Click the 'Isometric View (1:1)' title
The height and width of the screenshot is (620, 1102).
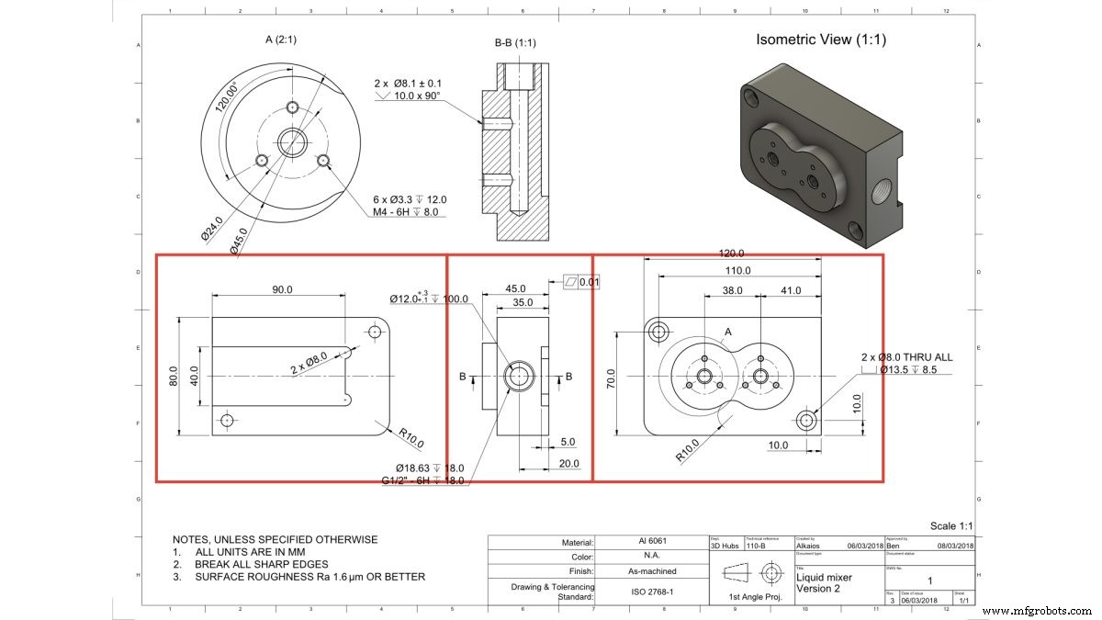pos(820,39)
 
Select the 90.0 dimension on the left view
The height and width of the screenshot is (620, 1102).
pos(281,288)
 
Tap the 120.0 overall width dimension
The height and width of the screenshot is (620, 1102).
pos(731,254)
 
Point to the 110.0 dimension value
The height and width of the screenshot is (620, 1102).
pos(737,271)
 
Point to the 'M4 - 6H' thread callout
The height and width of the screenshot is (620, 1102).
pos(398,211)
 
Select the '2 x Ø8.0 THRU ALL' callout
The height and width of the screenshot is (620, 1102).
pos(905,356)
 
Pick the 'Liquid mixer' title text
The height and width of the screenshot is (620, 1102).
pos(824,578)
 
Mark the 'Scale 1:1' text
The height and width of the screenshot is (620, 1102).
pos(950,525)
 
